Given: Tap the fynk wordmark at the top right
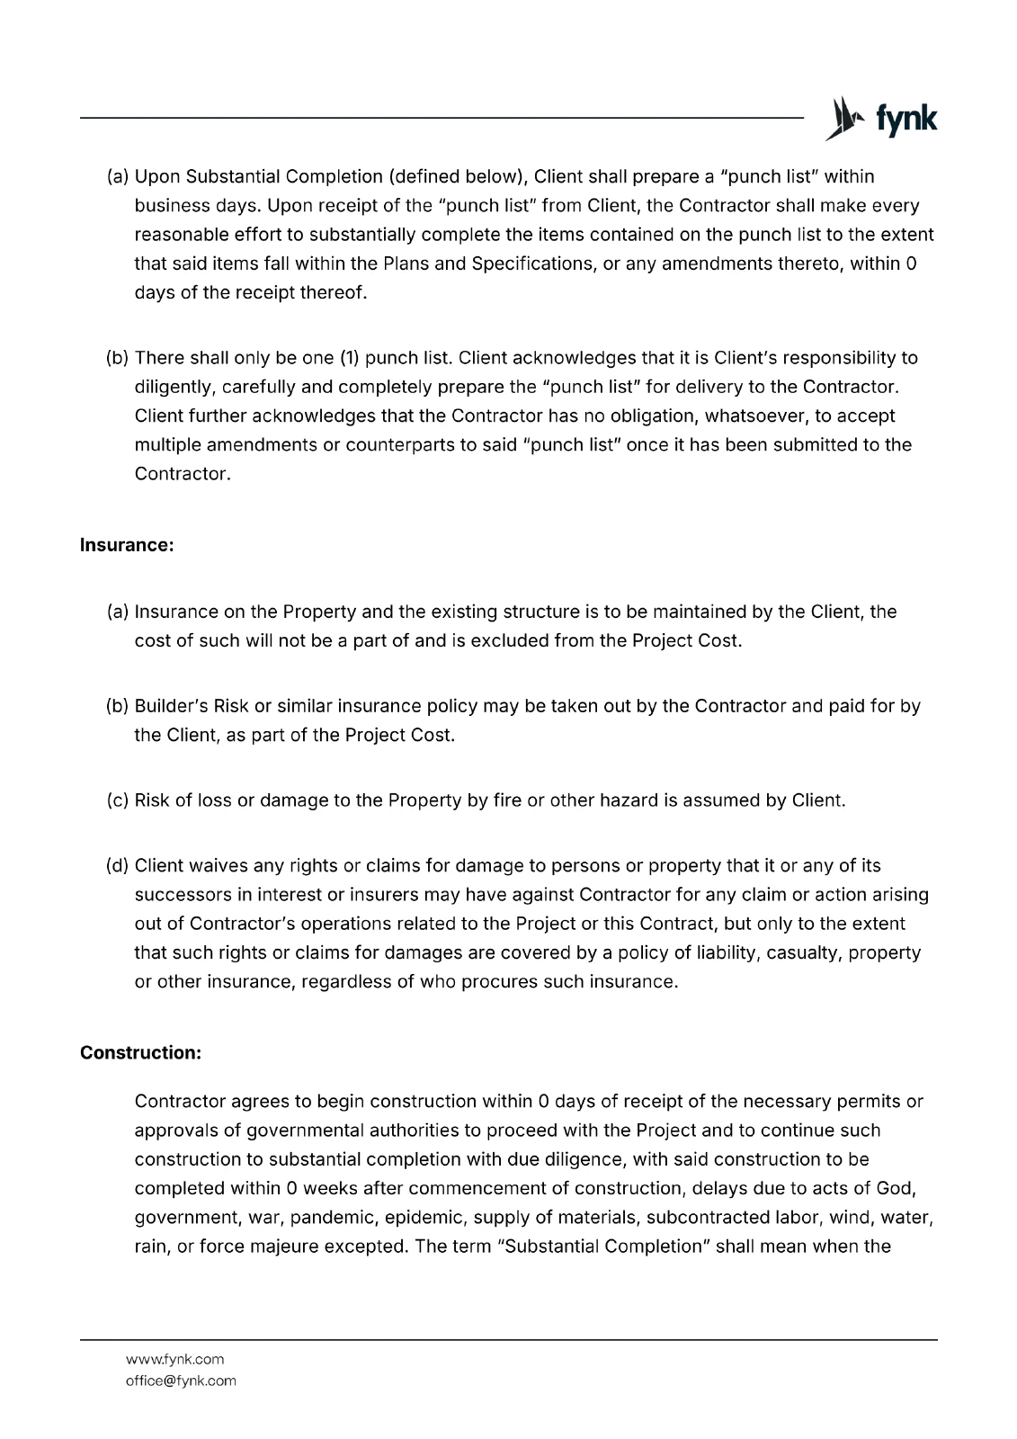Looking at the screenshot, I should coord(899,120).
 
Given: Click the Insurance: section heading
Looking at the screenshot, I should coord(127,545).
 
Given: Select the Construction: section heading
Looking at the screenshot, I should coord(140,1052).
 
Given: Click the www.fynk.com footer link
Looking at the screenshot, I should coord(174,1359).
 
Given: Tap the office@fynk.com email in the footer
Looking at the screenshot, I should coord(181,1381).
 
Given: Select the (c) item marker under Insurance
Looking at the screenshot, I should coord(118,800).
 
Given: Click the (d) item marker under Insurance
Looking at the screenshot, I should coord(118,866).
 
